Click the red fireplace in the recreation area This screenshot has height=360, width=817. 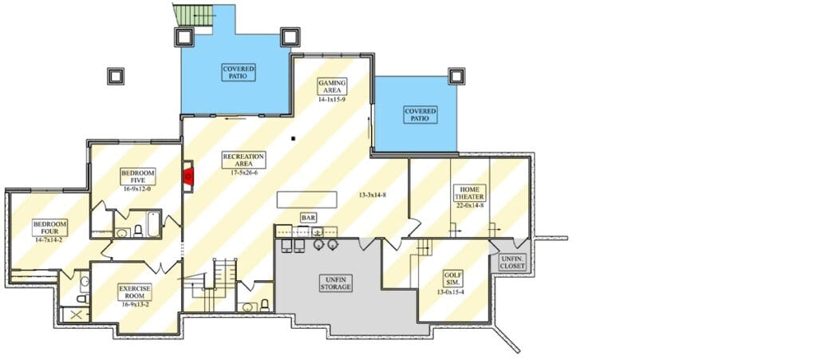190,176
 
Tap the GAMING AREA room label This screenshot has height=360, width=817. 332,86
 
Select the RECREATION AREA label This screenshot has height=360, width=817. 244,160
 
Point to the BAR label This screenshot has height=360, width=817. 308,217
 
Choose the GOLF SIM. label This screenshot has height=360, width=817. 451,278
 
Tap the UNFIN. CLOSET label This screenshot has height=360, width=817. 513,263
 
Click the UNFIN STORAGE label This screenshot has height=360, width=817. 336,283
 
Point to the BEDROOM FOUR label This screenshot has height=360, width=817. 50,227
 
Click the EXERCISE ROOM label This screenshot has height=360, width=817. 135,293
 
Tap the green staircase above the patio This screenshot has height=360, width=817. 194,16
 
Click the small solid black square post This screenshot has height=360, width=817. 294,139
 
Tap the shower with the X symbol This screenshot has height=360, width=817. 75,315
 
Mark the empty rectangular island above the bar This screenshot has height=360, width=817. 306,200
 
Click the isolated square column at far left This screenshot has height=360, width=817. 116,76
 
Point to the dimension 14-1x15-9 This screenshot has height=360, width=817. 332,98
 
